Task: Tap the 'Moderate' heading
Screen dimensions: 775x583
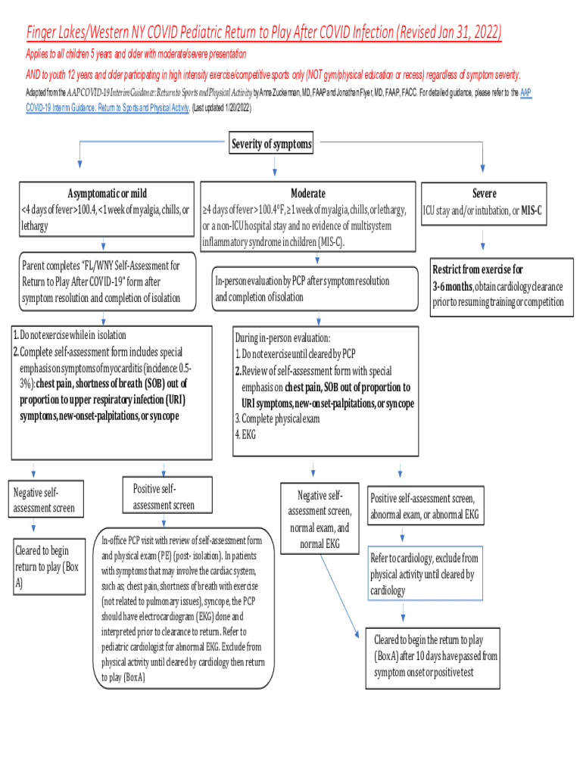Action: (307, 193)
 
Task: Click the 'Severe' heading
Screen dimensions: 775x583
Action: (484, 193)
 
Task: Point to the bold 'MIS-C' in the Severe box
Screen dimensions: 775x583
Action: (532, 210)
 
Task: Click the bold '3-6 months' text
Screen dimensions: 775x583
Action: (453, 285)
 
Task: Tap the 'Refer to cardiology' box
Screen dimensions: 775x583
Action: (424, 574)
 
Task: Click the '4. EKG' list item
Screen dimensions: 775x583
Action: (245, 434)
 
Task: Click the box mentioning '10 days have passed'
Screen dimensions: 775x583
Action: (435, 655)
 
